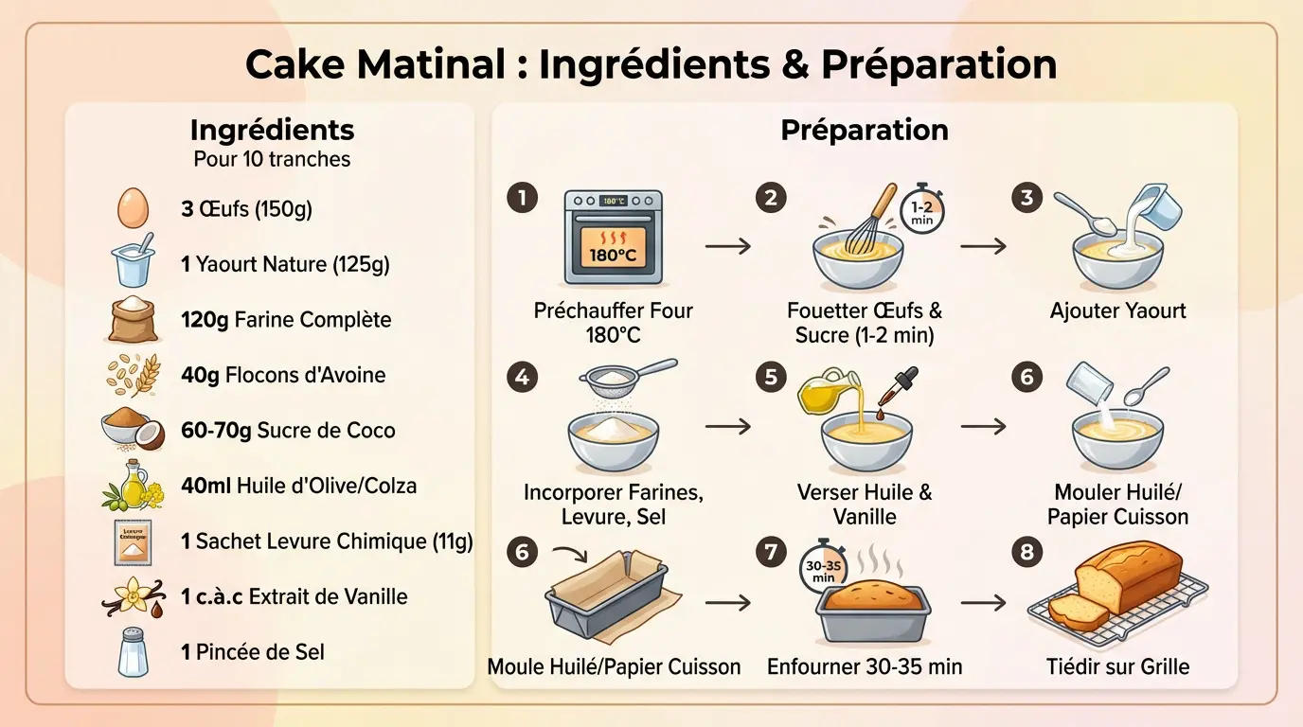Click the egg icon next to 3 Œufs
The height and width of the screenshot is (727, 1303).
[x=134, y=208]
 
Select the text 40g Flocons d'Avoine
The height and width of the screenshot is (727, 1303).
[x=283, y=375]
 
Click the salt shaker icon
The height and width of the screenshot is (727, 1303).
[x=133, y=652]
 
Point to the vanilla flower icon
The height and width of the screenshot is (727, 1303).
[x=133, y=597]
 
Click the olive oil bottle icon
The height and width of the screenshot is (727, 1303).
[x=134, y=486]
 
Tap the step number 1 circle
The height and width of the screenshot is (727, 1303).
[x=522, y=197]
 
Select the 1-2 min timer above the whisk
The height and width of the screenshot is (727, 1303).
[x=921, y=210]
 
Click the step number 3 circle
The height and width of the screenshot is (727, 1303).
[x=1026, y=197]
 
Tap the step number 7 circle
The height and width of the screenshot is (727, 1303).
[x=772, y=551]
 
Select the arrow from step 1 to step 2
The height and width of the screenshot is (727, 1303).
[x=727, y=246]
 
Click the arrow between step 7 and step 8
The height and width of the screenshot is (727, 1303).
[x=983, y=602]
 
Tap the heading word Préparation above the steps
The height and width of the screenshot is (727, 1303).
[x=864, y=130]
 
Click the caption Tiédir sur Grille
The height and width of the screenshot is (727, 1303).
[x=1117, y=666]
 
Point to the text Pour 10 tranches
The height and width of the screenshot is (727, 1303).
[x=272, y=159]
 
